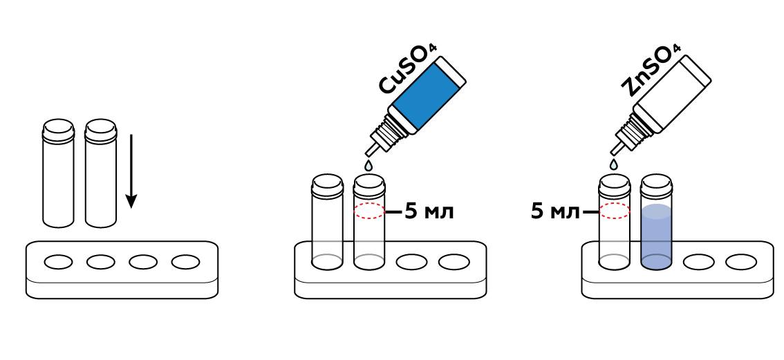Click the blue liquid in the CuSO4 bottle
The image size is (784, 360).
tap(424, 97)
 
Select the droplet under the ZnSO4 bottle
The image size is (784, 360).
tap(613, 164)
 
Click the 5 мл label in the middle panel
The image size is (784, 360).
tap(429, 211)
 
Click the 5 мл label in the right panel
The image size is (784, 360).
tap(555, 211)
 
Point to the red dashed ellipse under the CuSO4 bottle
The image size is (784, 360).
tap(369, 211)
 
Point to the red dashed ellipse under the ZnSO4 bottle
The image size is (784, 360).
tap(614, 211)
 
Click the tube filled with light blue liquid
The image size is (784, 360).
tap(656, 235)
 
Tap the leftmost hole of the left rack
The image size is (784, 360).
tap(58, 262)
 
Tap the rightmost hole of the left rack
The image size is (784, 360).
tap(185, 262)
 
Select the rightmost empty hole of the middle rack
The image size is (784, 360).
tap(454, 262)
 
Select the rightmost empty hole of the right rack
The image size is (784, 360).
tap(740, 262)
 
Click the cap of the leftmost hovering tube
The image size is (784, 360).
tap(58, 129)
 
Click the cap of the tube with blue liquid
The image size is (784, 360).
tap(656, 184)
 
